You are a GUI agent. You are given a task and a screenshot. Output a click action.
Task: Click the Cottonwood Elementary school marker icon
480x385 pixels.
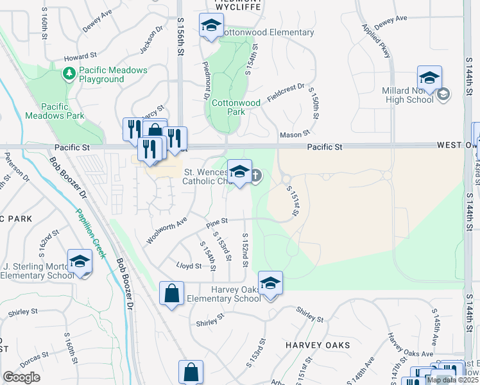210,26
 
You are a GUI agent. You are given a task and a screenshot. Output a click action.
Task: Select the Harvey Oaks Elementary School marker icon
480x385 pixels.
270,284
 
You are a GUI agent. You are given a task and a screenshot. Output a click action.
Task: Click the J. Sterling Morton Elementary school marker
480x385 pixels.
80,262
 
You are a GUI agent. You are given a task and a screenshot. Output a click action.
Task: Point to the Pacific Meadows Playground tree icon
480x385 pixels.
69,74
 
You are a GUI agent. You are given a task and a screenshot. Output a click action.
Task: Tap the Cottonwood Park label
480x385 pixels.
236,107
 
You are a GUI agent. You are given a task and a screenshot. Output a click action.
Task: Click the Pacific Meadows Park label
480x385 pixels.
55,111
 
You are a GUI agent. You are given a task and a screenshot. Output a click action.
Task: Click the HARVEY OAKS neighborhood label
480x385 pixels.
318,345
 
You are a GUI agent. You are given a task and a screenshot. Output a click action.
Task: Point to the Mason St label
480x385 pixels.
295,135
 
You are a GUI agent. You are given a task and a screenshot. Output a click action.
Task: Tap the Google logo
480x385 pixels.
21,378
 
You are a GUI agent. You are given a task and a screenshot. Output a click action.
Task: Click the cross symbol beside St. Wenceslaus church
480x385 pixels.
255,175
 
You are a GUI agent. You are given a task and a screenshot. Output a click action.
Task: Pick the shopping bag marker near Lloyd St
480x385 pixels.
171,295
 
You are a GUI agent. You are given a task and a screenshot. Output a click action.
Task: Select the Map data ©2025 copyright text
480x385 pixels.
452,380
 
